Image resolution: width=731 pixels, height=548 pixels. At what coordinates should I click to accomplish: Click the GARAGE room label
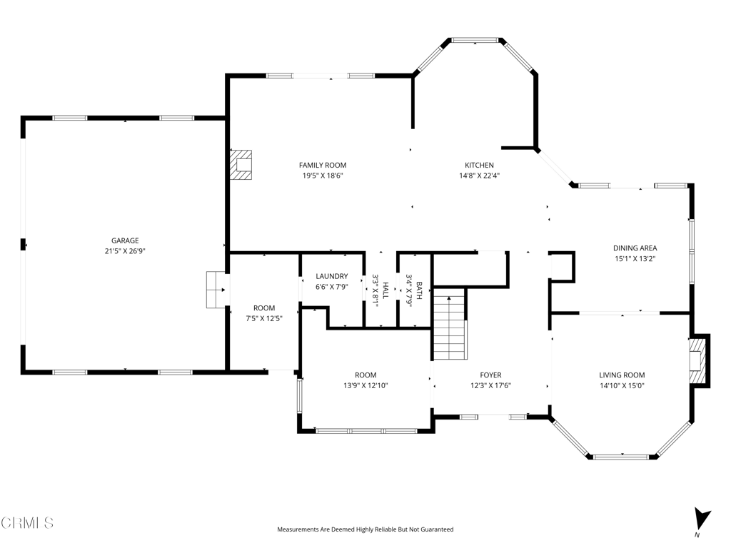tap(125, 240)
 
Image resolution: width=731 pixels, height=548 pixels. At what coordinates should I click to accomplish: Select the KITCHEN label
tap(479, 166)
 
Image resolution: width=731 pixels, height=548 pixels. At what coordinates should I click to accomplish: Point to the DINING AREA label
tap(635, 248)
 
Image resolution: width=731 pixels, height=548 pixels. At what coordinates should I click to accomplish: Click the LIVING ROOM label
tap(622, 375)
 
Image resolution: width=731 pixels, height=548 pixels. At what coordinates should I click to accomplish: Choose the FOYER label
tap(490, 375)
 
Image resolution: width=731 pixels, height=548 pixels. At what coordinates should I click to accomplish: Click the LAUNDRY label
tap(332, 276)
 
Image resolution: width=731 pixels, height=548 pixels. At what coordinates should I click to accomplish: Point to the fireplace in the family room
tap(241, 165)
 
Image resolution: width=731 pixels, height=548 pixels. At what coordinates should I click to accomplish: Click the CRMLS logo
tap(27, 523)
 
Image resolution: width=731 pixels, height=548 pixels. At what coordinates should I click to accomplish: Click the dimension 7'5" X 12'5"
tap(264, 319)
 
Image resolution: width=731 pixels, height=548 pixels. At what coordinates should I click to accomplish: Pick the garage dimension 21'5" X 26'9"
tap(125, 251)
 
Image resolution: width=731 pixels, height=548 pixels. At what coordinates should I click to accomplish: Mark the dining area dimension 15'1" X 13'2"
tap(635, 259)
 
